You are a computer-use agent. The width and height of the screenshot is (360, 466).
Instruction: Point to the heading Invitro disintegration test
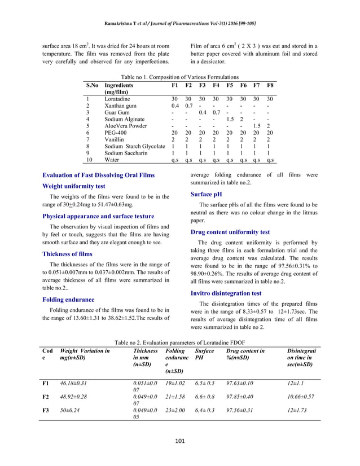point(226,293)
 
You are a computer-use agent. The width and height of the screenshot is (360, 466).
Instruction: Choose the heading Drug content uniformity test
point(230,232)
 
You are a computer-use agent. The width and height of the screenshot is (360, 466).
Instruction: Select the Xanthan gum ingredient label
point(121,105)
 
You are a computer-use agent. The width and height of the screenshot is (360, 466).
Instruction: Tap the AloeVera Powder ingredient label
point(126,126)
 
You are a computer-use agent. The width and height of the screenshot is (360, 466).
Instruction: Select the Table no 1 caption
point(179,77)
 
